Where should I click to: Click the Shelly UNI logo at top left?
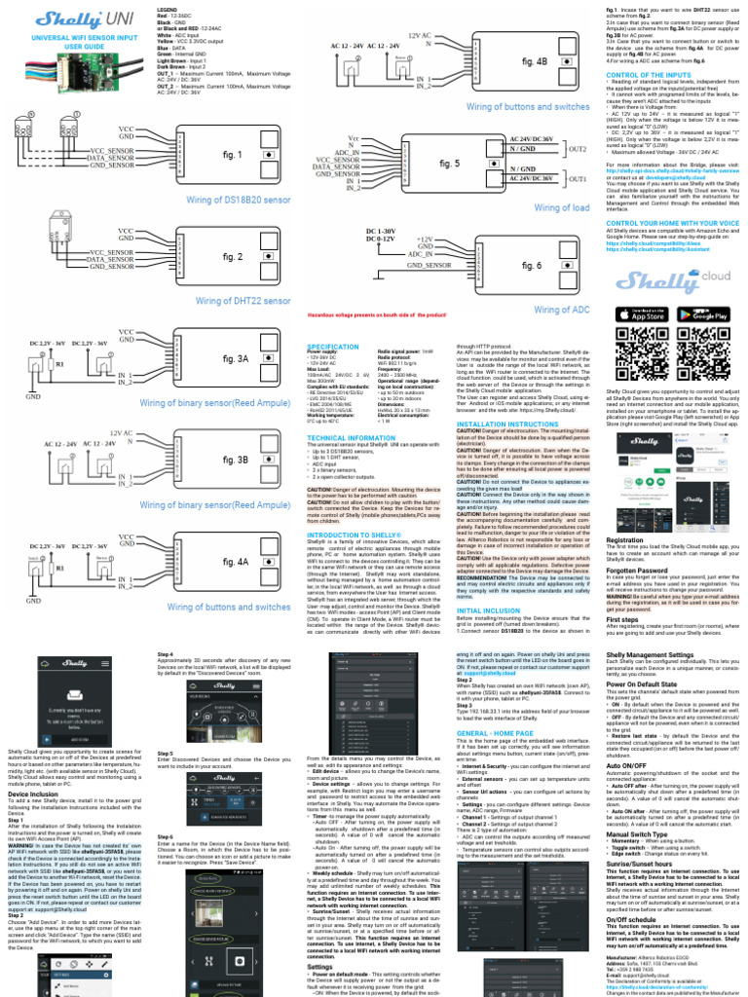coord(65,18)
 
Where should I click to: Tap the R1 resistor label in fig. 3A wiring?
coord(59,363)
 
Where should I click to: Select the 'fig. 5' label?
coord(449,164)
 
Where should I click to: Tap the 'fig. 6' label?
coord(533,265)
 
